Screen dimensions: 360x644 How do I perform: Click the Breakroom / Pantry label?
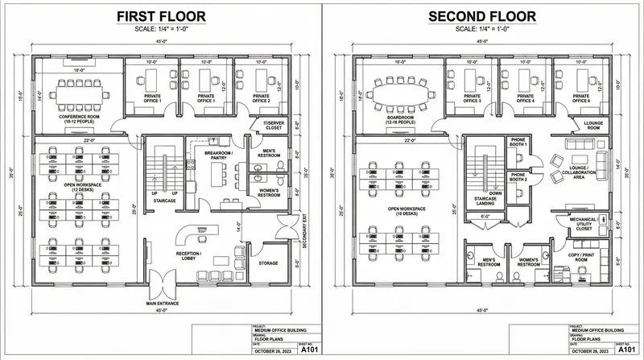[x=217, y=156]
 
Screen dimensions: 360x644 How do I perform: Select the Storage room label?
[x=268, y=263]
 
